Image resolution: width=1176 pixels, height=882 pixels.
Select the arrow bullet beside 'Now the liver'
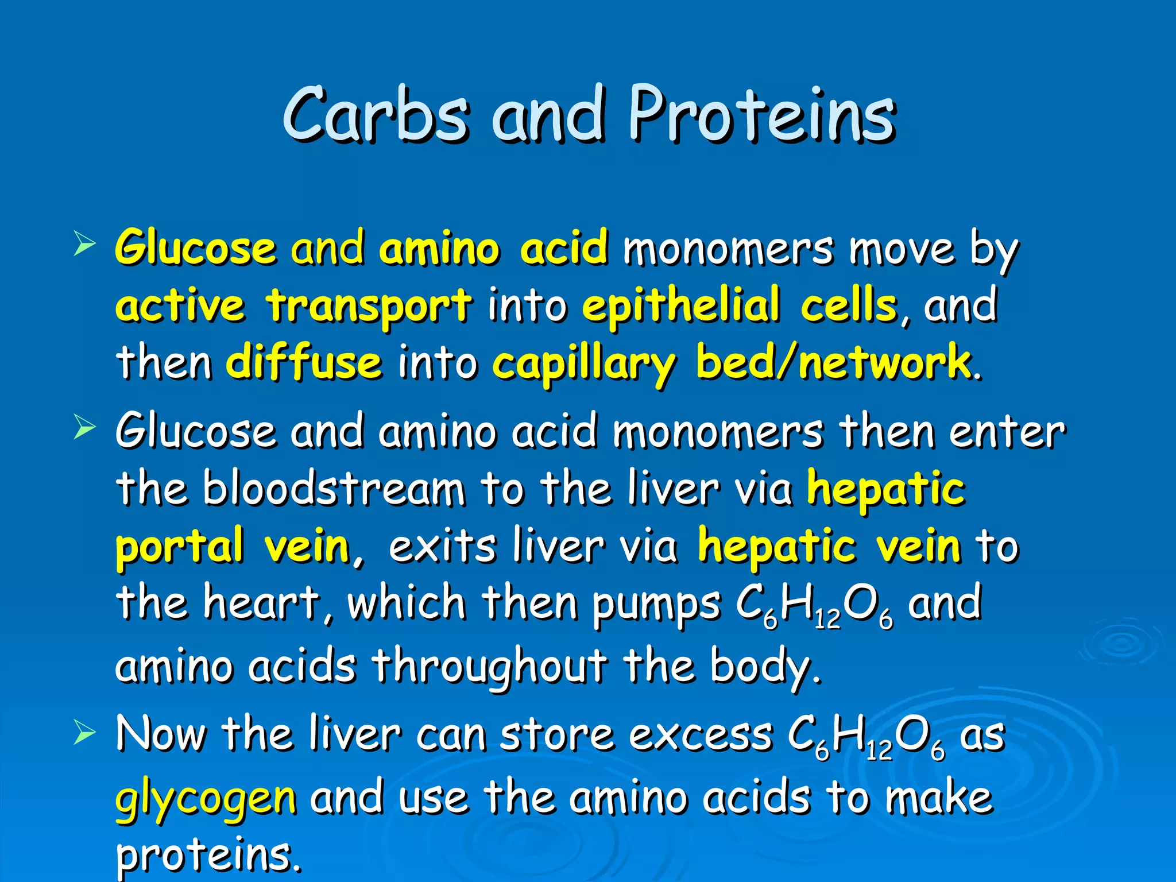84,733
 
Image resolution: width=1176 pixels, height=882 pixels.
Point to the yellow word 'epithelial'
681,305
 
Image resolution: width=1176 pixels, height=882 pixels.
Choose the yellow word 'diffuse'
304,362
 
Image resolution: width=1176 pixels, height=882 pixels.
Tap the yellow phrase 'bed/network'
833,362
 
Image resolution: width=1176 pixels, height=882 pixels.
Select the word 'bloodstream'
334,489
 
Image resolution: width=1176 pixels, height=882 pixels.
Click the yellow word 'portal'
180,547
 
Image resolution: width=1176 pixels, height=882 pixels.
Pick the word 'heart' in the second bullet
261,604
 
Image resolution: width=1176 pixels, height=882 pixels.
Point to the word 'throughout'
490,668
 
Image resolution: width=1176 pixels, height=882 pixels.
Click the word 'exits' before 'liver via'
442,546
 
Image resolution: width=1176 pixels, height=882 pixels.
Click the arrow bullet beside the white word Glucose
84,428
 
